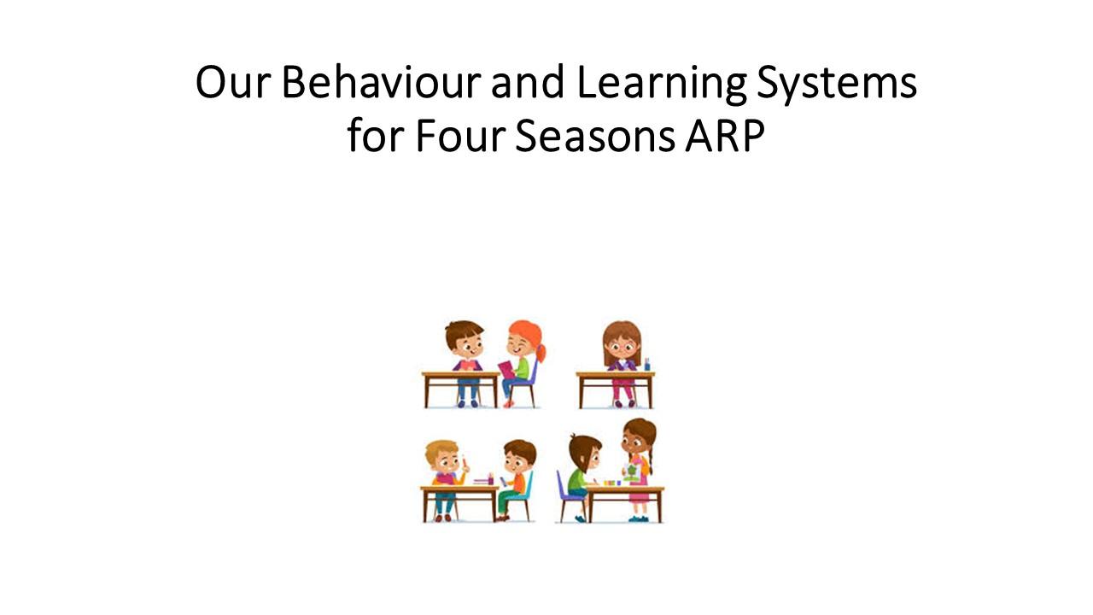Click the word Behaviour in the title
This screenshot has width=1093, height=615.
click(x=381, y=81)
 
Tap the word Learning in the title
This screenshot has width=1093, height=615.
click(x=661, y=84)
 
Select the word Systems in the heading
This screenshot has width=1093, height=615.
click(x=837, y=84)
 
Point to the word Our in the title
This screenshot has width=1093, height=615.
click(x=233, y=82)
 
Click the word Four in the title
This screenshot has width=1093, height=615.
click(x=460, y=135)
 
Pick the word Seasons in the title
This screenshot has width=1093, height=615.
click(x=595, y=136)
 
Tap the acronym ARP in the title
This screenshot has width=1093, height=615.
click(x=725, y=135)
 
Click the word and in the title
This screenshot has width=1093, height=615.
click(x=528, y=82)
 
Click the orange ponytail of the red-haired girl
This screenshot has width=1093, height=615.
click(x=541, y=352)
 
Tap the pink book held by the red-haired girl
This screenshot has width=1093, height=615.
click(x=506, y=370)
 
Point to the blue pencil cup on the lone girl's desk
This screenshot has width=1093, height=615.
click(x=647, y=365)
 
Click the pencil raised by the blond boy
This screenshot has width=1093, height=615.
click(x=464, y=461)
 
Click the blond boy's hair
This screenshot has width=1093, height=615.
click(x=441, y=449)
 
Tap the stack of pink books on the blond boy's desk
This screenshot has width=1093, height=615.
click(x=483, y=481)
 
